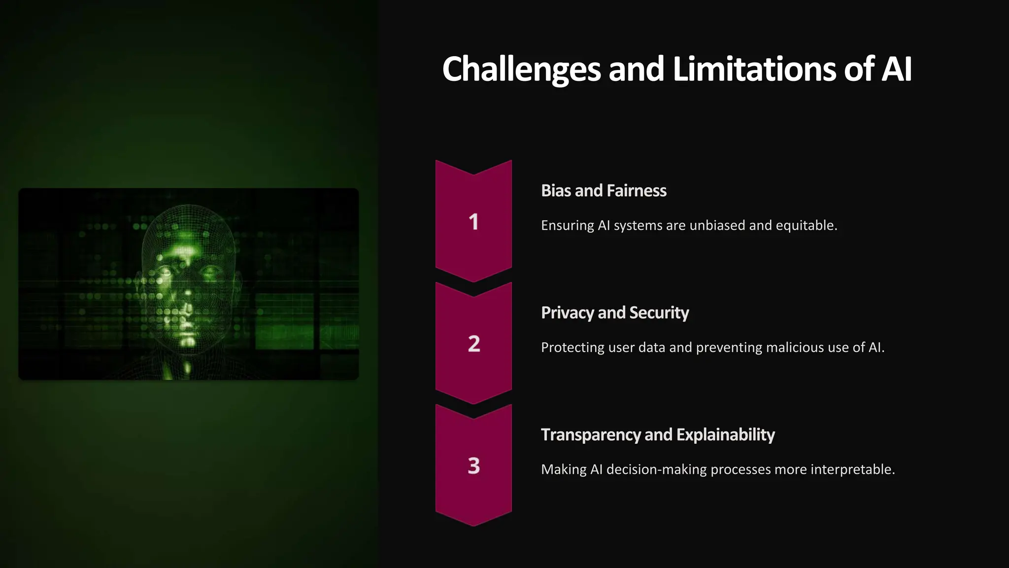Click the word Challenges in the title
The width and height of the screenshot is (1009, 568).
point(521,69)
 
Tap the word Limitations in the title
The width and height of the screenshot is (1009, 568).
point(754,69)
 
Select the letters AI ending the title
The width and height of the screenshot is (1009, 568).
point(896,69)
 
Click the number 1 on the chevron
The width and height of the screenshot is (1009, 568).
point(473,222)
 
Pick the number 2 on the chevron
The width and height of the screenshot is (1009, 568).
point(473,344)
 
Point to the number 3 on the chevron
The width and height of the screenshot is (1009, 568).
point(473,465)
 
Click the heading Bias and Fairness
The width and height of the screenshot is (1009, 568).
point(604,191)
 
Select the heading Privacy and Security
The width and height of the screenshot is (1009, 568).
point(615,313)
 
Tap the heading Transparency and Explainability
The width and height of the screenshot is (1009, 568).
point(658,435)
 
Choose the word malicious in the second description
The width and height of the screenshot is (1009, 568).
point(795,348)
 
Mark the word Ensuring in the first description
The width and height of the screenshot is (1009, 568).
point(568,225)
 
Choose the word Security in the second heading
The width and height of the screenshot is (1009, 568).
point(659,313)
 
